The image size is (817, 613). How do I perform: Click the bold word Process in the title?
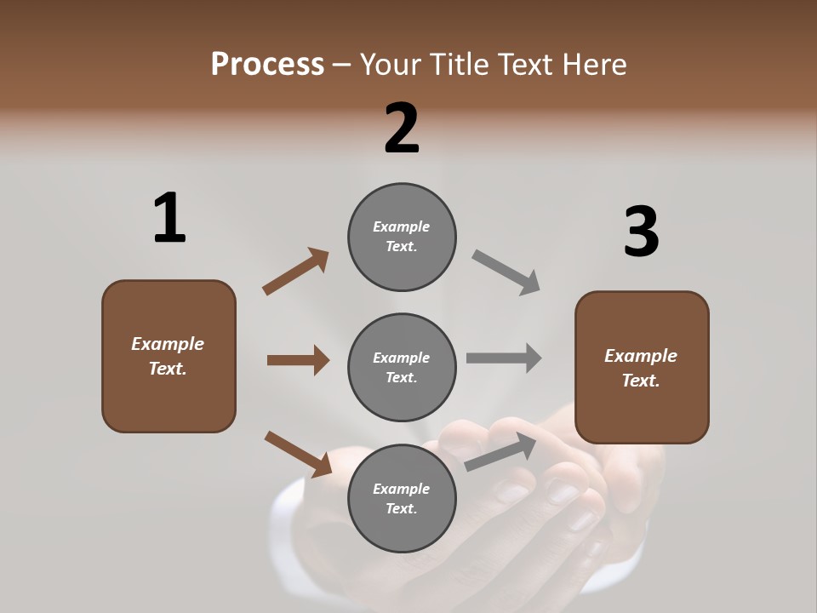[267, 65]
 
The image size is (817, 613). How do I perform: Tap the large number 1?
[169, 218]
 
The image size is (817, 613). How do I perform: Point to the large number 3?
[641, 232]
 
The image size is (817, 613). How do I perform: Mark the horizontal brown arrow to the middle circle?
[298, 360]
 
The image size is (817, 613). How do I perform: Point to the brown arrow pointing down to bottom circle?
[298, 454]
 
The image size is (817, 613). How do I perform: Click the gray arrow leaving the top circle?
[506, 272]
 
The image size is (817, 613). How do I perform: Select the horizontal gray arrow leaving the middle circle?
[504, 358]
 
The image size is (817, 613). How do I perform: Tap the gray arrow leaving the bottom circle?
[501, 451]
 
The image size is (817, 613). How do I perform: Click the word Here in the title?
[595, 65]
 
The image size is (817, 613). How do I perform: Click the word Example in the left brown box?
[168, 344]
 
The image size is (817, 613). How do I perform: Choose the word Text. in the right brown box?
[641, 381]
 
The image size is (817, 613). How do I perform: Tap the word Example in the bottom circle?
[402, 489]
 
